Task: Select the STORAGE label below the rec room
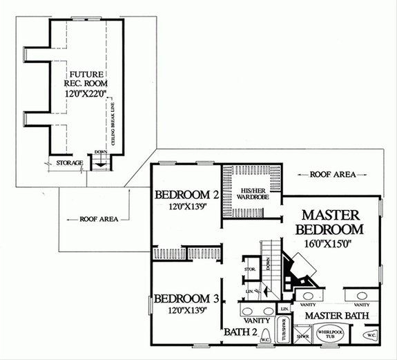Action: pos(70,163)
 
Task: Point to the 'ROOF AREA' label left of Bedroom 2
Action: pos(97,220)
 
